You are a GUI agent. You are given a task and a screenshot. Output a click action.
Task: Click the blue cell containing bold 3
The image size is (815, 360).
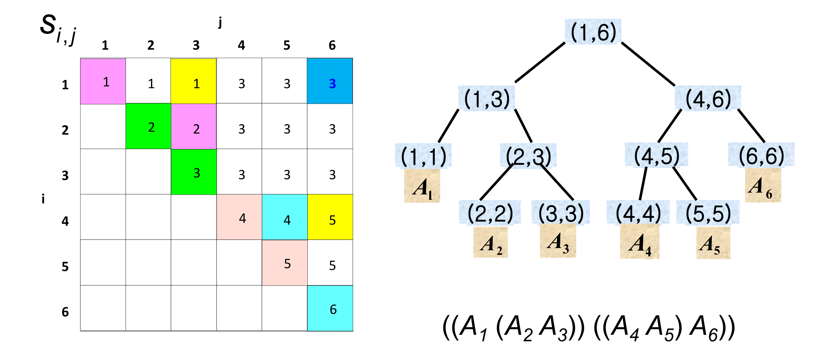pyautogui.click(x=330, y=81)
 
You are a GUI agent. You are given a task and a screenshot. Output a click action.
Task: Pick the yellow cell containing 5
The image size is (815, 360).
pyautogui.click(x=330, y=217)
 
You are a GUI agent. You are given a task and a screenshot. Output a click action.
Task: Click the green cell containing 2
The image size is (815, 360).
pyautogui.click(x=148, y=126)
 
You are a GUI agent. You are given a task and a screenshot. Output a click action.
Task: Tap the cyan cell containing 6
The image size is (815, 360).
pyautogui.click(x=330, y=308)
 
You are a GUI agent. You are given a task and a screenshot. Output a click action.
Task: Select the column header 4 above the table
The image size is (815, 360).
pyautogui.click(x=241, y=45)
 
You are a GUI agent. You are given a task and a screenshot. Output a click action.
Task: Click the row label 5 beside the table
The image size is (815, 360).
pyautogui.click(x=65, y=267)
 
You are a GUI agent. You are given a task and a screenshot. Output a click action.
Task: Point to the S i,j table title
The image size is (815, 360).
pyautogui.click(x=58, y=29)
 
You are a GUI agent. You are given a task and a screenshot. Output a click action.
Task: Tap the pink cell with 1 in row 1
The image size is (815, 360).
pyautogui.click(x=103, y=81)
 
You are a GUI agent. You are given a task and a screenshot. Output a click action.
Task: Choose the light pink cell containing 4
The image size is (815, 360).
pyautogui.click(x=239, y=217)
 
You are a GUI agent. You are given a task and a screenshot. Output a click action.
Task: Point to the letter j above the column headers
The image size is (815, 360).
pyautogui.click(x=220, y=22)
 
